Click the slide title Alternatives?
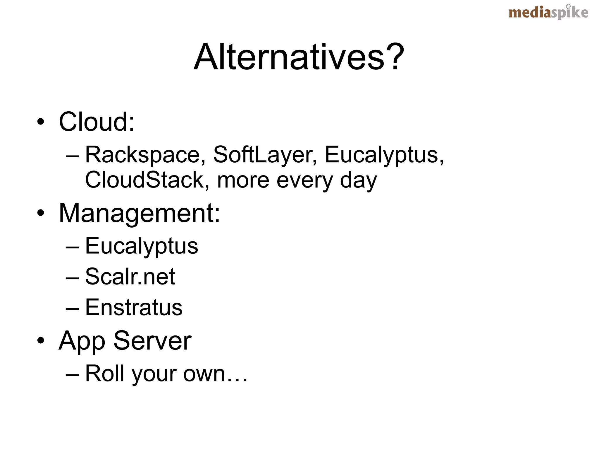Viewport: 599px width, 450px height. point(299,57)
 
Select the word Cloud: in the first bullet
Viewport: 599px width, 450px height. point(97,122)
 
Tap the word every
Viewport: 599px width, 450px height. point(304,180)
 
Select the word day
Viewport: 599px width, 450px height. point(359,180)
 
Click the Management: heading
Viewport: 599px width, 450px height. point(139,213)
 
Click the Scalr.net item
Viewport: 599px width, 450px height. point(130,276)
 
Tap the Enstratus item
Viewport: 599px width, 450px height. point(134,307)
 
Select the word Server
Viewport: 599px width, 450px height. point(152,340)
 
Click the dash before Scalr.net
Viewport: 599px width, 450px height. point(72,277)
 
